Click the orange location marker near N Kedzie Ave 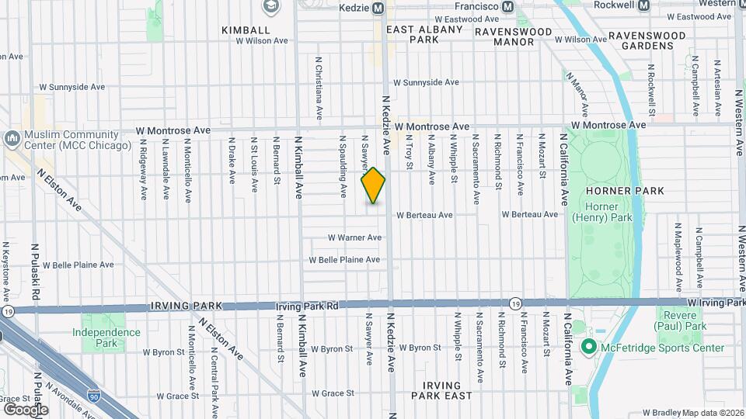coord(374,185)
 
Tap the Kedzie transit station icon coord(378,7)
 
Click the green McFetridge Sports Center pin coord(588,347)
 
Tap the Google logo coord(26,409)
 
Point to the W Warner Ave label coord(354,237)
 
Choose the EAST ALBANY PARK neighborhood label coord(424,33)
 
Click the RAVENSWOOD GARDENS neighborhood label coord(647,40)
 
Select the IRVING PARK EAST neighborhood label coord(447,390)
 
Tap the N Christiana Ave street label coord(319,87)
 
